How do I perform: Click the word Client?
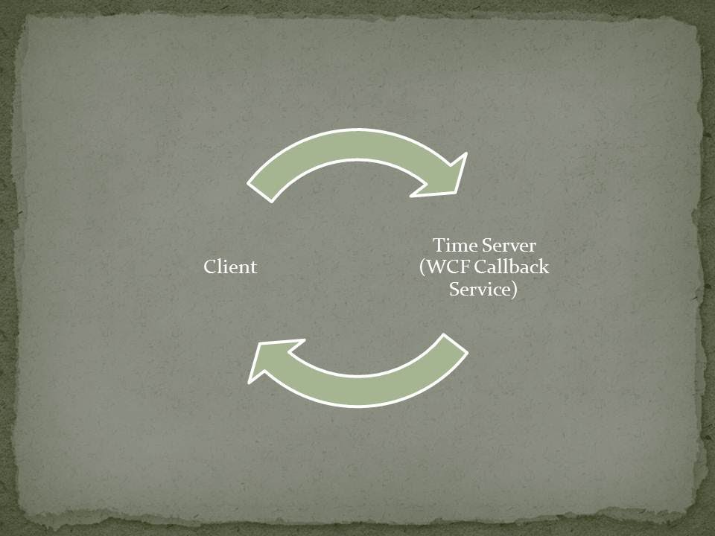230,267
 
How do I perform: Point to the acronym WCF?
446,267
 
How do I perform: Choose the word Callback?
512,267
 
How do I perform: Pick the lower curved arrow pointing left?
365,380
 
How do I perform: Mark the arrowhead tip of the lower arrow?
250,380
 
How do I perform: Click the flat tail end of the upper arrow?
260,190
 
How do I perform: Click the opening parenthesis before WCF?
422,268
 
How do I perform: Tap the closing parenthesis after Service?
514,290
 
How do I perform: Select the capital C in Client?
209,267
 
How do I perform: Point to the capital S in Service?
455,290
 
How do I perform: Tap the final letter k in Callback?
544,267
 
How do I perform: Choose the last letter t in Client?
254,267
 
